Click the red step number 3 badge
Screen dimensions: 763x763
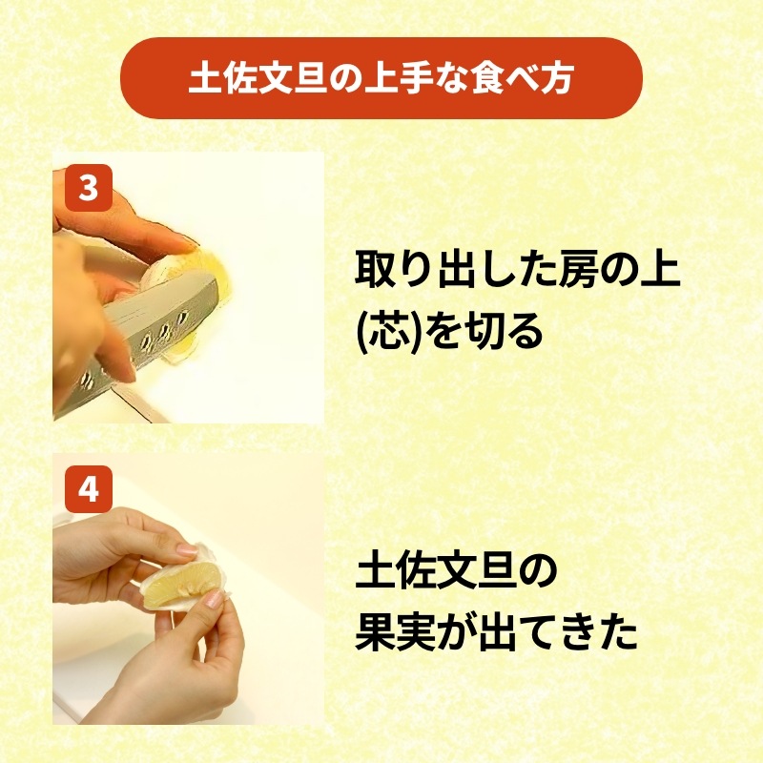tap(89, 188)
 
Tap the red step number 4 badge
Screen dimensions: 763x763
tap(89, 489)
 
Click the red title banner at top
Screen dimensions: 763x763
tap(381, 78)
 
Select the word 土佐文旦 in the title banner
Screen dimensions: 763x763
tap(258, 78)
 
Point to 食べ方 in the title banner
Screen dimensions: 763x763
tap(523, 78)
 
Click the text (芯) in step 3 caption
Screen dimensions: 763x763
tap(389, 332)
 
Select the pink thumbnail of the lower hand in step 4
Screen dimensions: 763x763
tap(213, 599)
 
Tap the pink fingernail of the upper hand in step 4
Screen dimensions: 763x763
tap(187, 550)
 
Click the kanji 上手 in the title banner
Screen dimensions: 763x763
tap(399, 78)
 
